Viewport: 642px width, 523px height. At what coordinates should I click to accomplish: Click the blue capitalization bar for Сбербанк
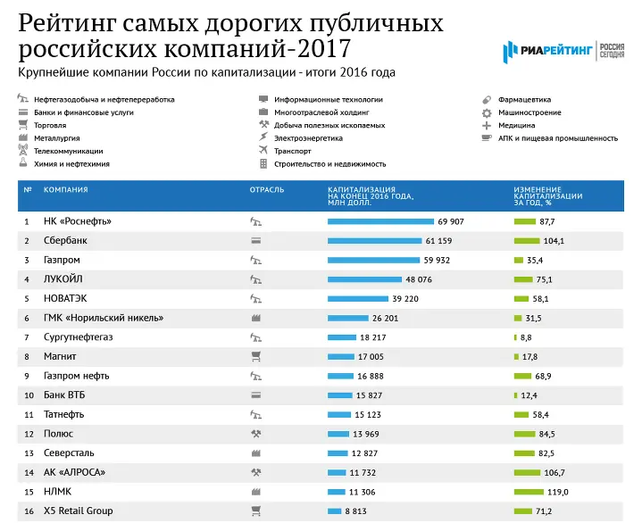pos(374,241)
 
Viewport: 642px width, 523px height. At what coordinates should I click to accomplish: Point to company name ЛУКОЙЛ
pos(65,279)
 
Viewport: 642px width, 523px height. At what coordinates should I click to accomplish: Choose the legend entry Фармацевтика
pos(526,100)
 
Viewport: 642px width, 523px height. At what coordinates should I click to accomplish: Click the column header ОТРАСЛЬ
pos(267,190)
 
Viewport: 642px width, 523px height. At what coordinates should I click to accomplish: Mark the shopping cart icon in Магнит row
pos(255,357)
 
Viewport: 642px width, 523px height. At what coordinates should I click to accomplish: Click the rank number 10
pos(28,395)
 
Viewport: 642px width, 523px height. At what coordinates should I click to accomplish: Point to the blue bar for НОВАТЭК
pos(358,299)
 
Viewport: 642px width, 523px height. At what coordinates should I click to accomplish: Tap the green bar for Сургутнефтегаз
pos(515,337)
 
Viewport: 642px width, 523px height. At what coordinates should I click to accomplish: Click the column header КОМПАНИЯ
pos(65,190)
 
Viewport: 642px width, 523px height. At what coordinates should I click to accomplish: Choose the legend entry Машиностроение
pos(529,112)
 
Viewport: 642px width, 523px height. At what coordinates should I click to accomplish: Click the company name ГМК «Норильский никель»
pos(104,318)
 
